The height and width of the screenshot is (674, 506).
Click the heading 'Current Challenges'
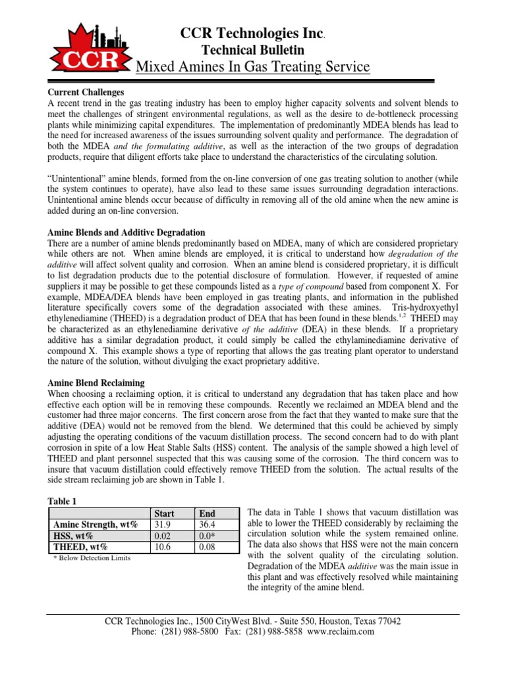[x=88, y=92]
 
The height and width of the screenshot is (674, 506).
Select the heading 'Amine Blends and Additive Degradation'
[x=127, y=233]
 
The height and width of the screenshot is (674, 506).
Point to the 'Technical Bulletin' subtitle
[x=252, y=49]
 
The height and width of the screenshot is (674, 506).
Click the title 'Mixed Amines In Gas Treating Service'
[x=252, y=66]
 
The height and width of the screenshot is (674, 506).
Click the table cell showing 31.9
[x=160, y=524]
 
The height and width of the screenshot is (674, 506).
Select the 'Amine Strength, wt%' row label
[x=95, y=524]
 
